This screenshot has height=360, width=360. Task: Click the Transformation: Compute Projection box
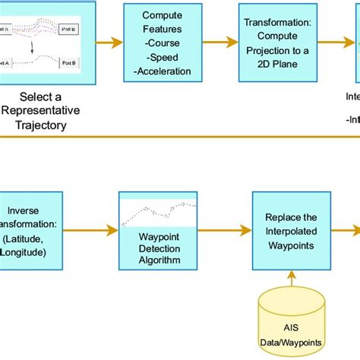coord(276,43)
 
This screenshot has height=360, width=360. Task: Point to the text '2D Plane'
coord(276,66)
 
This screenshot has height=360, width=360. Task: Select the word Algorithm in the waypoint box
coord(158,261)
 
